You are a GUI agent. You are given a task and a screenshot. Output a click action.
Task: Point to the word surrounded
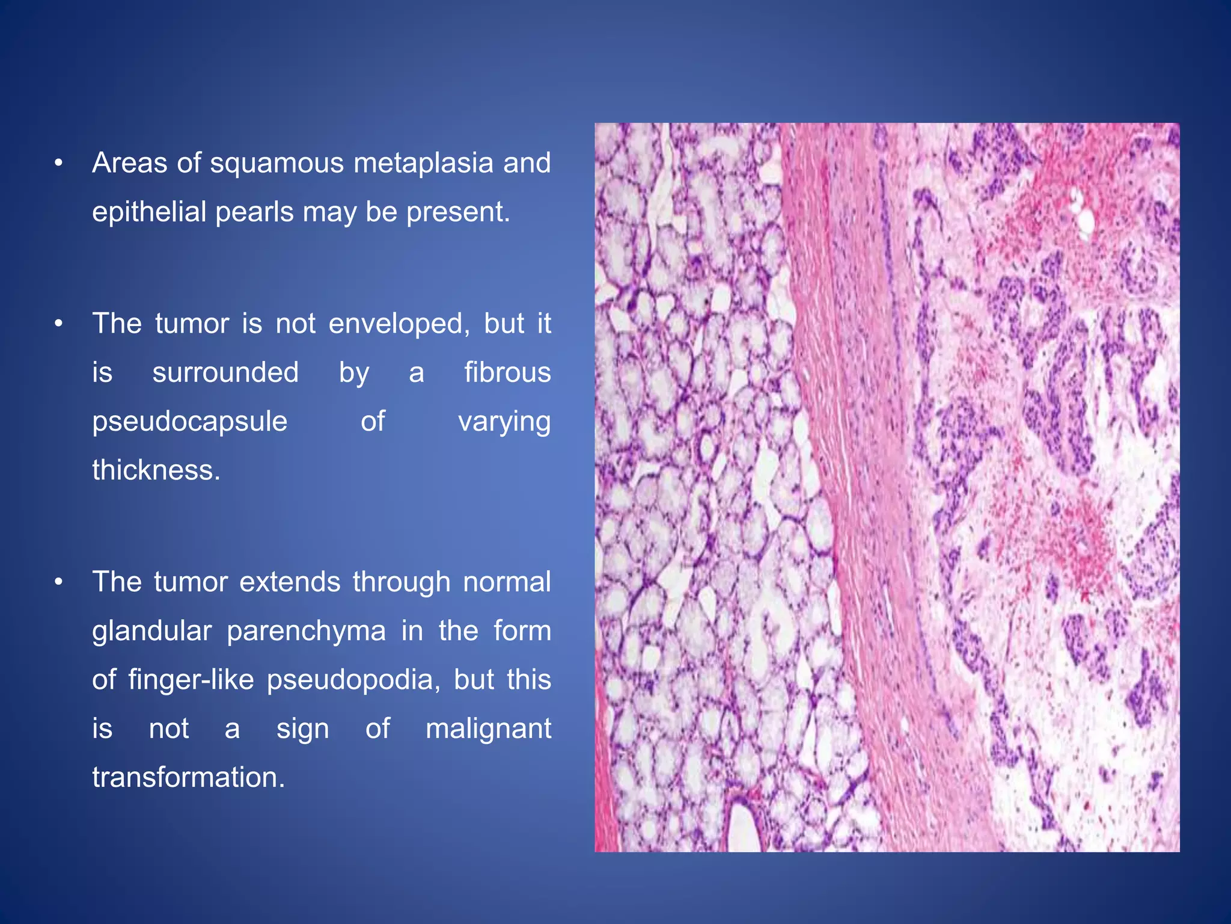(x=225, y=372)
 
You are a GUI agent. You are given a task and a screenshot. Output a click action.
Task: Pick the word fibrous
(x=507, y=372)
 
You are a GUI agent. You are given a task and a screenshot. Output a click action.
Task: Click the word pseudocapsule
(x=189, y=422)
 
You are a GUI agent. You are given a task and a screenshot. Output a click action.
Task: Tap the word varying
(x=504, y=422)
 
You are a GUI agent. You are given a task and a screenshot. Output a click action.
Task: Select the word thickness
(x=156, y=470)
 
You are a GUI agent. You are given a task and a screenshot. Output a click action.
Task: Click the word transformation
(x=188, y=777)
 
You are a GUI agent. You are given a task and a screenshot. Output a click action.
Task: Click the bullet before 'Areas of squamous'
(x=58, y=164)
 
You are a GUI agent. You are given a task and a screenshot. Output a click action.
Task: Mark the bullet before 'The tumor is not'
(x=58, y=324)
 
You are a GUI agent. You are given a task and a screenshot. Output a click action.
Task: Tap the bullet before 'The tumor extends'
(x=58, y=582)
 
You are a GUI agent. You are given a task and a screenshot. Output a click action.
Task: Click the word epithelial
(x=148, y=212)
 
